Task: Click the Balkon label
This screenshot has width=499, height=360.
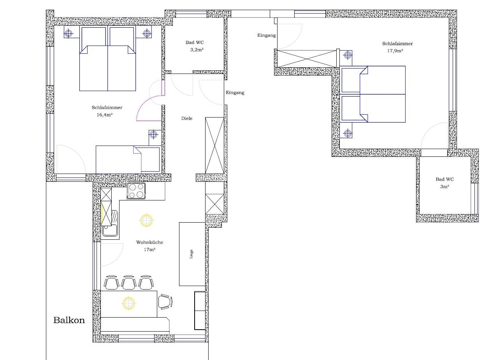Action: coord(69,320)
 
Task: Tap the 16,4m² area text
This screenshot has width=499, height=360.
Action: coord(104,115)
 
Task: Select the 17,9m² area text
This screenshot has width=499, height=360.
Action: coord(395,51)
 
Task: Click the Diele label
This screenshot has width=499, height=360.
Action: coord(187,118)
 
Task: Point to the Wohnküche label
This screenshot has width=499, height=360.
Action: coord(149,242)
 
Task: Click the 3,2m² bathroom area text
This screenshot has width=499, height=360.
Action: coord(197,50)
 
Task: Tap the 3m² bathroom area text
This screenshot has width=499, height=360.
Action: coord(445,187)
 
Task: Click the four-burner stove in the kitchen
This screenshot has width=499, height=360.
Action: coord(136,191)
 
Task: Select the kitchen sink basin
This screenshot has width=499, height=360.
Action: coord(110,230)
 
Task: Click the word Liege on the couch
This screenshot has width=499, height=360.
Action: coord(191,254)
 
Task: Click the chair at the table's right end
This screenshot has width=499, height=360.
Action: coord(165,302)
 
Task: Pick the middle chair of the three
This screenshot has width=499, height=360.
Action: coord(129,283)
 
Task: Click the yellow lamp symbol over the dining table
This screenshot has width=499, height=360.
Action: coord(128,303)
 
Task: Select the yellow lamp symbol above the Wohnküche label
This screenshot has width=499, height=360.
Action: coord(146,220)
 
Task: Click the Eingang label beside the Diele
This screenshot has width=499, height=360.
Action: coord(235,93)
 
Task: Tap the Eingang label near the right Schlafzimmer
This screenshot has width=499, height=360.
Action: coord(266,35)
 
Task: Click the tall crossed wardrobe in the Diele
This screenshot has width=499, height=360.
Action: coord(214,145)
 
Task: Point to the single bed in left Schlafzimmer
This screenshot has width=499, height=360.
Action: coord(128,160)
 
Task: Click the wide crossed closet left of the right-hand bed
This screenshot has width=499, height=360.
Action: coord(307,58)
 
